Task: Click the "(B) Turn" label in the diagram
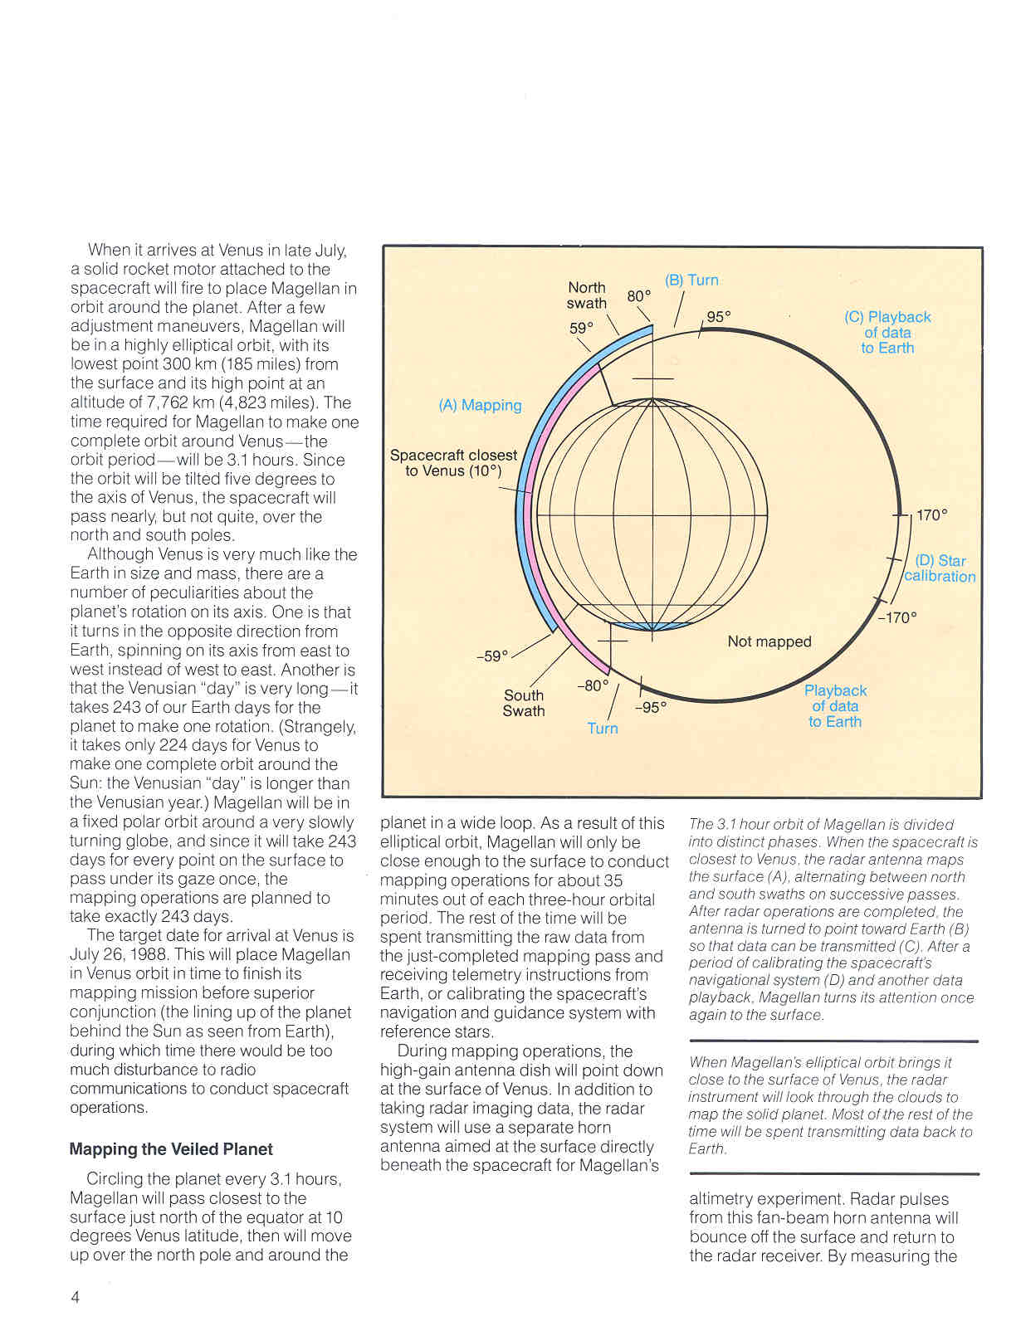tap(691, 280)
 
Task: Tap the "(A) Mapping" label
tap(480, 405)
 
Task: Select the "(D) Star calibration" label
tap(940, 568)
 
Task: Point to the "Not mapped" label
tap(769, 641)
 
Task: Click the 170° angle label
tap(931, 515)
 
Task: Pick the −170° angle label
tap(898, 617)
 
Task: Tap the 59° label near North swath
tap(581, 329)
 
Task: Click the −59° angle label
tap(491, 656)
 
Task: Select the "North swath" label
tap(587, 295)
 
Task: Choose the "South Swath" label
tap(524, 703)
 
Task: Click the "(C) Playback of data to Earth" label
tap(887, 333)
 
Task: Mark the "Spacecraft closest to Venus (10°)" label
tap(453, 463)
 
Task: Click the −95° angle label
tap(651, 708)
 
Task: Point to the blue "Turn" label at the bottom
tap(603, 729)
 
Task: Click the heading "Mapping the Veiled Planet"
tap(171, 1149)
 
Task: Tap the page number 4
tap(76, 1298)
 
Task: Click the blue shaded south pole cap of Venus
tap(652, 626)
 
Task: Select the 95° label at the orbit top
tap(719, 317)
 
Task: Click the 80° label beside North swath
tap(639, 296)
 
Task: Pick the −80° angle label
tap(593, 686)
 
